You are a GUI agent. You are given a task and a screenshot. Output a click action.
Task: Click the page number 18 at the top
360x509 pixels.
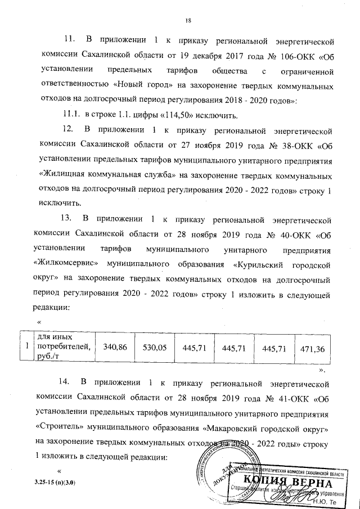189,21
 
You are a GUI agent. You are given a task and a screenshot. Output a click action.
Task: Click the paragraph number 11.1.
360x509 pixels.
71,116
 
